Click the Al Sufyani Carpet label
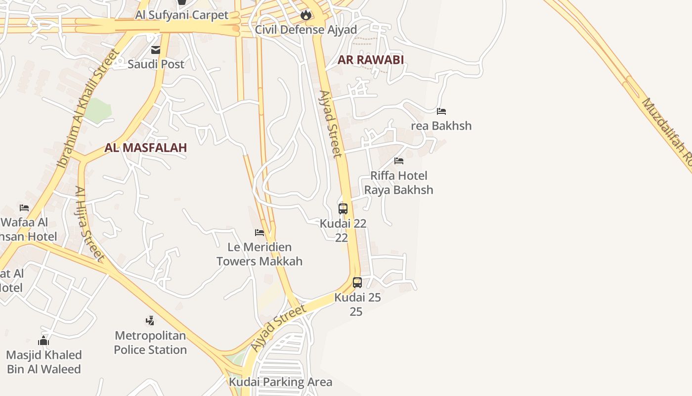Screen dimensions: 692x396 [182, 15]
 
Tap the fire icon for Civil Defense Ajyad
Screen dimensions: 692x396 [306, 15]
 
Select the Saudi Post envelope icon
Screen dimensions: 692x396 [156, 49]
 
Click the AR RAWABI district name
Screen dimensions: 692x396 [371, 60]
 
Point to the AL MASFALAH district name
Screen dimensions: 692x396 [146, 148]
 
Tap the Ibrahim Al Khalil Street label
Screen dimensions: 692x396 [89, 107]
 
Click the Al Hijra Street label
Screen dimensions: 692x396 [89, 223]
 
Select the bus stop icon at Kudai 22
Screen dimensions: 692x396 [343, 208]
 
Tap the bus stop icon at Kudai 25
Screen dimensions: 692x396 [357, 283]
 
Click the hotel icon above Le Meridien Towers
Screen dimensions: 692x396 [259, 232]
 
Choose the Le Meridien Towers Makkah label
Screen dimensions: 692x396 [259, 254]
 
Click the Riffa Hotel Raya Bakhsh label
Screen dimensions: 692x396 [399, 183]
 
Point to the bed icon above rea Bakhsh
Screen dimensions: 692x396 [441, 111]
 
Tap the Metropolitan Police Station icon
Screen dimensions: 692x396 [150, 321]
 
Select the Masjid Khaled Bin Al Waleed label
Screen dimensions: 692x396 [44, 362]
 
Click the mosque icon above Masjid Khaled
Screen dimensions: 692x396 [43, 341]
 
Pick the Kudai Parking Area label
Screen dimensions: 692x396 [280, 382]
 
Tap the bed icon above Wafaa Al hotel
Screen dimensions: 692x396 [24, 207]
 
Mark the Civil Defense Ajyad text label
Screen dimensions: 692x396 [306, 30]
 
